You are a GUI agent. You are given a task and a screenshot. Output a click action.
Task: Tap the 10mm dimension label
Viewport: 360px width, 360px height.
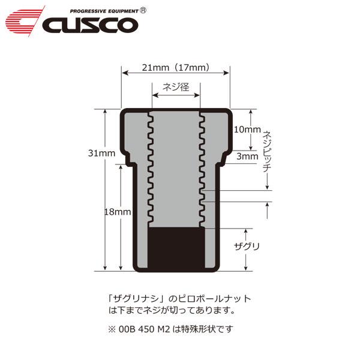tap(247, 129)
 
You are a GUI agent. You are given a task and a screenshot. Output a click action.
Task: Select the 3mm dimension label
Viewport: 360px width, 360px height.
tap(247, 156)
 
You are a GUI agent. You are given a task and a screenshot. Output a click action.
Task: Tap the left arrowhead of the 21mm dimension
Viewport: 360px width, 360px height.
tap(124, 73)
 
